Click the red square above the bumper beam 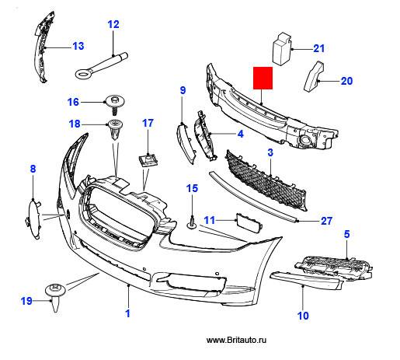[263, 78]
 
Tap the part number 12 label [113, 24]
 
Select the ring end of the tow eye [83, 74]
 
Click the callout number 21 [318, 48]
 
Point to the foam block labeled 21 [282, 48]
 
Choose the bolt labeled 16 [114, 103]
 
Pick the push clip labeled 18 [115, 129]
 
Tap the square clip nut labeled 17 [148, 160]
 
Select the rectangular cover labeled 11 [249, 223]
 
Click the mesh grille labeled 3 [266, 180]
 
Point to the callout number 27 [326, 221]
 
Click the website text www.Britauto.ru [236, 340]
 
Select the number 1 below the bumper [127, 313]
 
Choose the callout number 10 [303, 316]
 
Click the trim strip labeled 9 [186, 144]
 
